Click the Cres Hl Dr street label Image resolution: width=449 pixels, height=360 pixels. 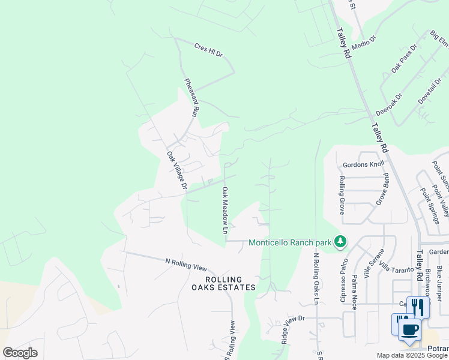click(208, 50)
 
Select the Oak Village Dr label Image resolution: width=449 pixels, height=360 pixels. click(178, 172)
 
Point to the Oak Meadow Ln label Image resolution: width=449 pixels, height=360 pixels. click(226, 210)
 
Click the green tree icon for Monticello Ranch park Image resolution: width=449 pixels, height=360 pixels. click(341, 241)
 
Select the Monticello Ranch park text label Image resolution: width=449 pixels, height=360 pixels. click(291, 242)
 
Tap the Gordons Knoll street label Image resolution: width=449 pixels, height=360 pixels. click(363, 164)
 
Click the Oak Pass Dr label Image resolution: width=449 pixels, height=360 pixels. click(403, 59)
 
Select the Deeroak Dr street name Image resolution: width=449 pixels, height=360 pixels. click(388, 104)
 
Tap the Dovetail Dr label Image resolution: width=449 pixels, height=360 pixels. click(430, 91)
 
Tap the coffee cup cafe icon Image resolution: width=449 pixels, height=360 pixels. click(410, 329)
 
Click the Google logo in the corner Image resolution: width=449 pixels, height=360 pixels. click(20, 353)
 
